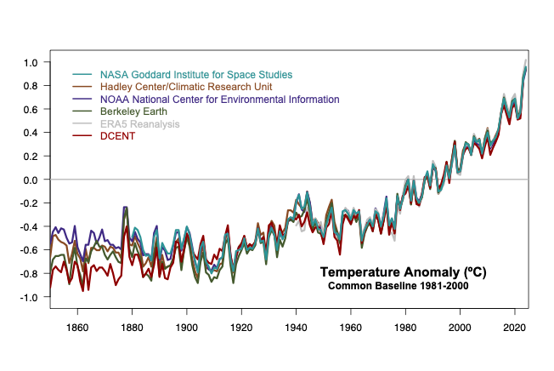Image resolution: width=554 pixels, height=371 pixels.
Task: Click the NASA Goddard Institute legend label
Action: tap(195, 75)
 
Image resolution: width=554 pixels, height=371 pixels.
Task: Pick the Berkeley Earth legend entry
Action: tap(133, 111)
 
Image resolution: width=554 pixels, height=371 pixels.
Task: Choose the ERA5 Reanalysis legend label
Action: tap(140, 124)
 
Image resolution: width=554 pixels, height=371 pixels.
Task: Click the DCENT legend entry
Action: tap(116, 136)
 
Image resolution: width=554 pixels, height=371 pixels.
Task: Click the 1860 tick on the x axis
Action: tap(77, 328)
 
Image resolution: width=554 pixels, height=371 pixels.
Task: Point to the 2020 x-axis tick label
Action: tap(514, 328)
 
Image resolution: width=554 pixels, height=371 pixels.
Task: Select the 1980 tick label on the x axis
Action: tap(405, 328)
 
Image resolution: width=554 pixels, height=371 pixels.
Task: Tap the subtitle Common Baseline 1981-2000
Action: tap(399, 286)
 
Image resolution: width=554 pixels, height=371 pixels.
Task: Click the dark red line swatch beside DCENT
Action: tap(82, 136)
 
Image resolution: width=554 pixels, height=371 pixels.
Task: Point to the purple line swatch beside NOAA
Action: tap(82, 100)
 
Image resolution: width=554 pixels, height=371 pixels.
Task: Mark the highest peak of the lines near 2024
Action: tap(526, 64)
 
